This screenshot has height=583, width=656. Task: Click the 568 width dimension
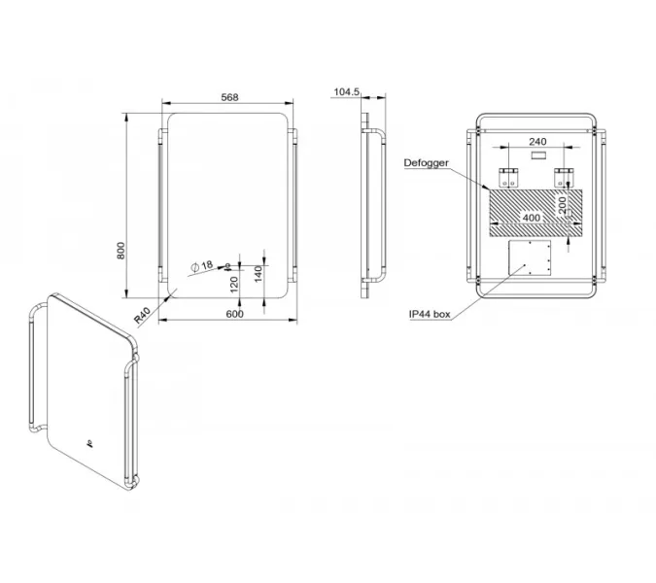point(229,97)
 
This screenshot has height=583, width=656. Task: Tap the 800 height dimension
point(121,251)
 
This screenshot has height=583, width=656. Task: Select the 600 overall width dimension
point(235,314)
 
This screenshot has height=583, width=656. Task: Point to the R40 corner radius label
point(142,316)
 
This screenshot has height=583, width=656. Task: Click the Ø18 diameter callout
point(202,265)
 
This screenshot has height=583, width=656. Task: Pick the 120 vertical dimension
point(234,285)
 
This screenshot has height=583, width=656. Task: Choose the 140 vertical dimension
point(259,274)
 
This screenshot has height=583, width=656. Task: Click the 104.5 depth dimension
point(346,91)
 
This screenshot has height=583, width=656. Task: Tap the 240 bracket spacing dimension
point(537,142)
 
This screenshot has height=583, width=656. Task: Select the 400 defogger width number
point(532,218)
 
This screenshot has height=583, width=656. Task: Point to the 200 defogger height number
point(563,205)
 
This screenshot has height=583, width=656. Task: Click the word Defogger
point(426,163)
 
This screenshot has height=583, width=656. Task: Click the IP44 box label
point(430,314)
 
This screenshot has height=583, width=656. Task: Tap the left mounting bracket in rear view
point(508,177)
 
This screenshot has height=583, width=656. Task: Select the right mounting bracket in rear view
point(564,177)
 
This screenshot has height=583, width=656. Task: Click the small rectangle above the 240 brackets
point(537,155)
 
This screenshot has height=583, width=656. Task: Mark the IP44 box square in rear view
point(530,257)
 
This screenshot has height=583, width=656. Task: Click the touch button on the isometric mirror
point(88,442)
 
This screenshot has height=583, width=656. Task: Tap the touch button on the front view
point(227,265)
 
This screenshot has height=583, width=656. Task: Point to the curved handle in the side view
point(374,207)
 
